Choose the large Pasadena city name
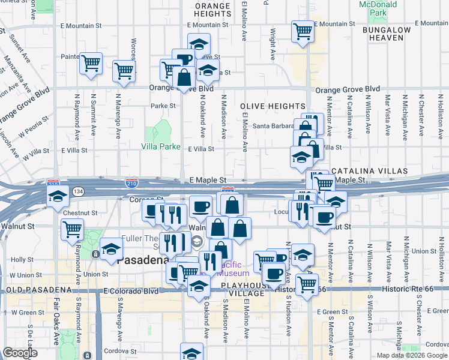click(x=142, y=261)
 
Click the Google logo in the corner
click(x=20, y=353)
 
